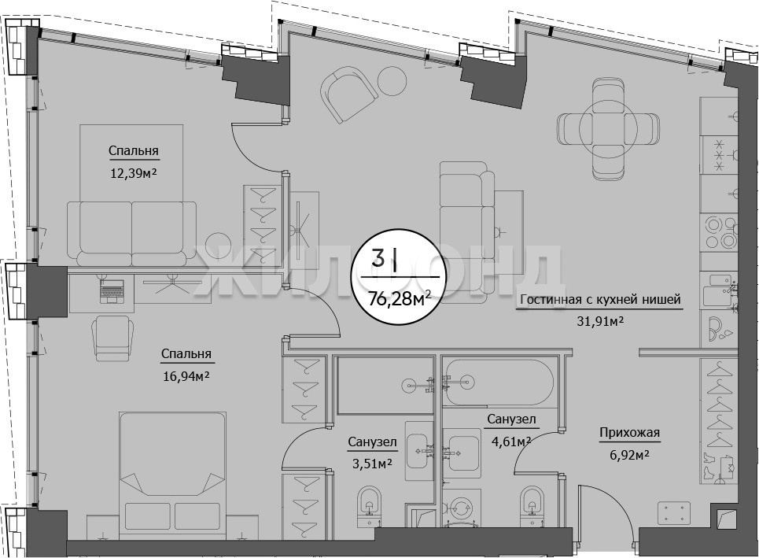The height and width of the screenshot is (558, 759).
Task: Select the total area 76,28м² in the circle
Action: [400, 300]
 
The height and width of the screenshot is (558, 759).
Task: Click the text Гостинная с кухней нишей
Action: [600, 300]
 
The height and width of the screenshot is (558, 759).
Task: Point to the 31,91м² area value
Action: [599, 321]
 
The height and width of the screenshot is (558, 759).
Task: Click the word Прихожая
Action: [629, 433]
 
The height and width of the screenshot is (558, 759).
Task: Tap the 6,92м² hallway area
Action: [629, 455]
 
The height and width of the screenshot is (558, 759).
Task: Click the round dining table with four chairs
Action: [608, 128]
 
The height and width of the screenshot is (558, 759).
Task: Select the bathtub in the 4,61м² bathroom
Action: [498, 382]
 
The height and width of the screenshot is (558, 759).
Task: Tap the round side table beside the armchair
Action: [392, 81]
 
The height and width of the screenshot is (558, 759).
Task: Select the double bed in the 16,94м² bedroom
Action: [172, 475]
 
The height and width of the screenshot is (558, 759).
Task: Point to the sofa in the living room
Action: [467, 227]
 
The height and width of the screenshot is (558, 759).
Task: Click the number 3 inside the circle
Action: [378, 257]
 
